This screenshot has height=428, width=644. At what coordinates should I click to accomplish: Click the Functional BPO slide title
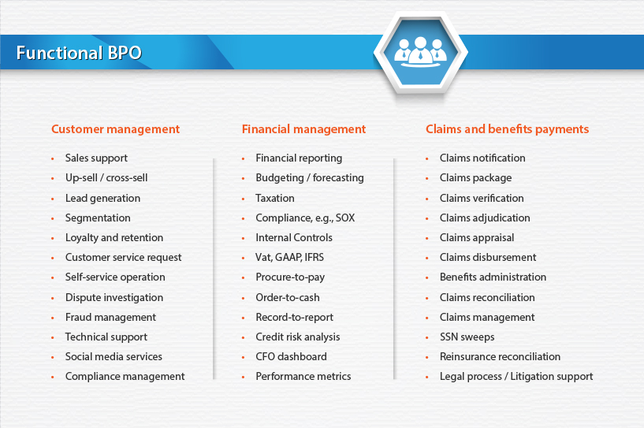pyautogui.click(x=79, y=53)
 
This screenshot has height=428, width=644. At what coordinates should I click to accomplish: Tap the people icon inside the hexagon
pyautogui.click(x=420, y=51)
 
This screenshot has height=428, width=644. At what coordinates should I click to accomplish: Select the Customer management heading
pyautogui.click(x=115, y=129)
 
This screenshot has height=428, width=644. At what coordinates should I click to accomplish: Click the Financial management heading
pyautogui.click(x=303, y=129)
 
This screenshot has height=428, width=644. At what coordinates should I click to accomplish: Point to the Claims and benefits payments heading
pyautogui.click(x=507, y=129)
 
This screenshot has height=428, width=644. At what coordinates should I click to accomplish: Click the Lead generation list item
pyautogui.click(x=102, y=199)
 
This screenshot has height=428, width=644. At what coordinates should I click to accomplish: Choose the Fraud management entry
pyautogui.click(x=110, y=318)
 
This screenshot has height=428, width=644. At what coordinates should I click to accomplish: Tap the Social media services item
pyautogui.click(x=114, y=356)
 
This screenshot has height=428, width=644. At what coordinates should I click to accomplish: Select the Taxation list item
pyautogui.click(x=275, y=198)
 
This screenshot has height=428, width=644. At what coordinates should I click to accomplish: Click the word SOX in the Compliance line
pyautogui.click(x=345, y=218)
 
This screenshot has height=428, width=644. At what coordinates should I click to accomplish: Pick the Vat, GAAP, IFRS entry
pyautogui.click(x=289, y=258)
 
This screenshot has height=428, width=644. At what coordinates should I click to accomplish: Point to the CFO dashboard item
pyautogui.click(x=291, y=356)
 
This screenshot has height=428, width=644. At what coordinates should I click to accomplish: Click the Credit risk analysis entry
pyautogui.click(x=298, y=337)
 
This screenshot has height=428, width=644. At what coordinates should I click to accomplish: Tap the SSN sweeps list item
pyautogui.click(x=467, y=337)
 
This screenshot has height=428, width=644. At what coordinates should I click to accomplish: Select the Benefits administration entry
pyautogui.click(x=493, y=277)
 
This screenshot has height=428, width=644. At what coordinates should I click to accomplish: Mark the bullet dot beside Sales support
pyautogui.click(x=53, y=158)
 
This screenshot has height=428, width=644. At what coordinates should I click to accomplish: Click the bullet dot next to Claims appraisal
pyautogui.click(x=427, y=238)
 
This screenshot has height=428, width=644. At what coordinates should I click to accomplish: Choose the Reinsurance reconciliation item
pyautogui.click(x=500, y=356)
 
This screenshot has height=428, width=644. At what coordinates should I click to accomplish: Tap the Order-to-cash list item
pyautogui.click(x=288, y=297)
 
